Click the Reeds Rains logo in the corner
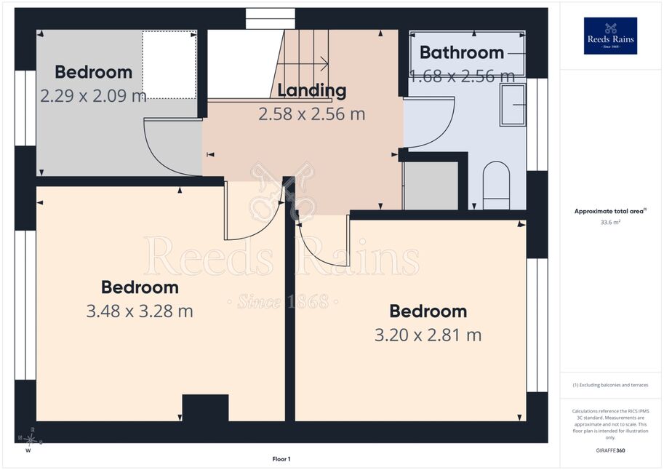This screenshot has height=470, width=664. [x=610, y=36]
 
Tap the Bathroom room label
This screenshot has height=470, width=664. [x=462, y=52]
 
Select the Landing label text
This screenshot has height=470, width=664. [x=312, y=90]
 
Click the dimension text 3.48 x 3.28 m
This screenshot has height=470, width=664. [x=140, y=311]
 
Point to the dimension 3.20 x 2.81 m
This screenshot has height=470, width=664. [x=428, y=335]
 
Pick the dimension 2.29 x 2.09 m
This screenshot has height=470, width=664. [x=93, y=95]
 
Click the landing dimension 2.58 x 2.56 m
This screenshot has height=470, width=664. [x=312, y=113]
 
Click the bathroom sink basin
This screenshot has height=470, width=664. [x=513, y=105]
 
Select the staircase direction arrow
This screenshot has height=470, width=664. [x=303, y=64]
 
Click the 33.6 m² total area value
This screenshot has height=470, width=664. [x=610, y=222]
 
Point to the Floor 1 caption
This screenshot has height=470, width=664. [x=281, y=459]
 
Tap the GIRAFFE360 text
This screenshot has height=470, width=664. [x=610, y=450]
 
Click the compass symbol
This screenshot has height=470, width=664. [x=30, y=439]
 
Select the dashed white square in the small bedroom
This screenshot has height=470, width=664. [x=169, y=65]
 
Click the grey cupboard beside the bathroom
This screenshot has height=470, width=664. [x=431, y=186]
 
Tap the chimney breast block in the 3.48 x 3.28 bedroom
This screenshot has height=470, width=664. [x=205, y=407]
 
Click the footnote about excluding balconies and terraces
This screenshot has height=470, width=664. [x=610, y=385]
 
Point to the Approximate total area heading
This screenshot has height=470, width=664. [x=610, y=211]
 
